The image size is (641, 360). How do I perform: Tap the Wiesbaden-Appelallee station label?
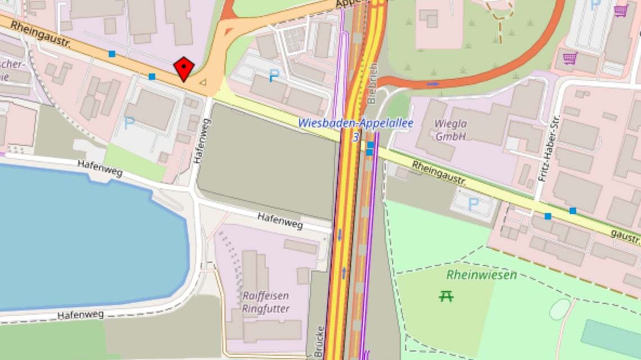(355, 123)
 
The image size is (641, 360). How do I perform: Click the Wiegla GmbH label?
(450, 129)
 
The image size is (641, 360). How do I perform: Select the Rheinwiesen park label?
(481, 275)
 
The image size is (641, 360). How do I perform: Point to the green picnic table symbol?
(446, 295)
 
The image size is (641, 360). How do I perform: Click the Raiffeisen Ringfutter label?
(266, 302)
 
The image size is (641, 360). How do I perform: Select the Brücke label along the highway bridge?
(320, 340)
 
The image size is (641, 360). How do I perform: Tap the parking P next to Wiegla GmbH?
(473, 204)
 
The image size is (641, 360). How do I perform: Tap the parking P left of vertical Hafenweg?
(129, 123)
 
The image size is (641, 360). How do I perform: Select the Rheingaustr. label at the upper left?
(40, 34)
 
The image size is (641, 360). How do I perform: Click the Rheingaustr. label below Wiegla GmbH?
(439, 173)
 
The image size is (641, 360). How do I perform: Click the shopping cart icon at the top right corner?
(621, 10)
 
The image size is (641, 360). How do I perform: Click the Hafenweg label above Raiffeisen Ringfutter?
(280, 220)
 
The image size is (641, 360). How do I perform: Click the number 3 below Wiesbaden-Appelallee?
(355, 137)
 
